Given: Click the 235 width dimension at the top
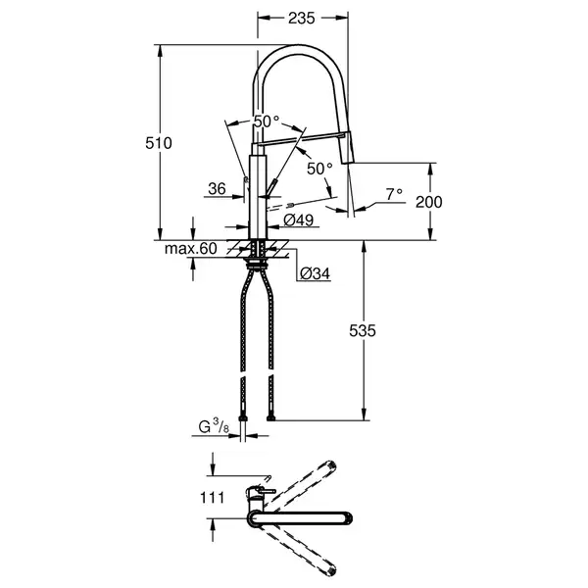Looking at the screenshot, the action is [x=302, y=18].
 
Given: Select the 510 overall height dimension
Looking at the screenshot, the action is [x=159, y=143].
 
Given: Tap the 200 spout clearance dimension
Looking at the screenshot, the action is [x=429, y=202].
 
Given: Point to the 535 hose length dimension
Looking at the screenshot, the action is [x=363, y=331].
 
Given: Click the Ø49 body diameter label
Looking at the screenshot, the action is [x=299, y=220].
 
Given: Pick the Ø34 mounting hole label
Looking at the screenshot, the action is [x=315, y=273].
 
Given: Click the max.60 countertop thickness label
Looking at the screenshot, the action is [x=191, y=248].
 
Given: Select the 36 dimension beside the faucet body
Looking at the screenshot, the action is [x=218, y=189].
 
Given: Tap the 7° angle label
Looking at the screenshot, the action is [x=394, y=194].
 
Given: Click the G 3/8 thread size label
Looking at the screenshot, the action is [x=214, y=426].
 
